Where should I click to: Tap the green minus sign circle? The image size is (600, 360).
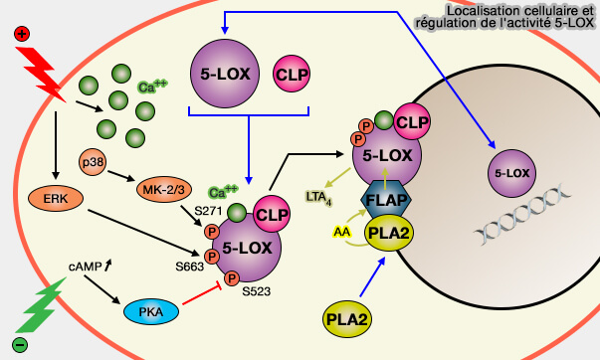click(x=20, y=345)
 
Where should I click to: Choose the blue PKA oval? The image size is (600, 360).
click(x=150, y=312)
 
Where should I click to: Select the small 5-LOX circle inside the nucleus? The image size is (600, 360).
click(x=510, y=174)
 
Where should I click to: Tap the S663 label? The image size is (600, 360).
click(x=188, y=267)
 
